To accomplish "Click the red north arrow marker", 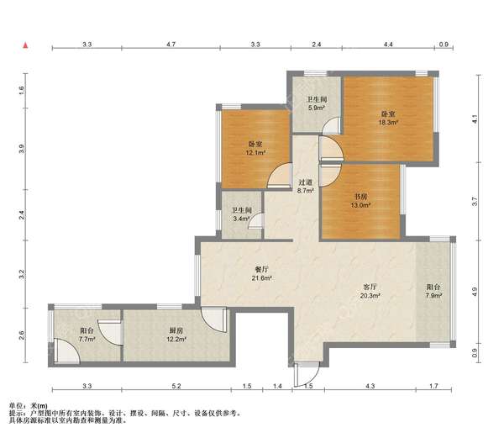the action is pos(25,45).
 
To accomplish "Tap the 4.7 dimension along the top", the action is pos(171,45).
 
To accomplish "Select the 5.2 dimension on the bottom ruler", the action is pos(176,386).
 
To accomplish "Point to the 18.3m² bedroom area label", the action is pos(388,118).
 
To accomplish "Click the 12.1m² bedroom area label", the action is pos(255,148).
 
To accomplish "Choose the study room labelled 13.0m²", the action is pos(361,200).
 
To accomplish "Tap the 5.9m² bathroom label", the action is pos(317,104).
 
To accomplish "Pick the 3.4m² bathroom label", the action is pos(242,215).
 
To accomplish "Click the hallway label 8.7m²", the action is pos(305,186).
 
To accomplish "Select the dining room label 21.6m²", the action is pos(262,274).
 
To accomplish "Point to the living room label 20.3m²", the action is pos(370,292).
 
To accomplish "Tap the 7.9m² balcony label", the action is pos(433,292).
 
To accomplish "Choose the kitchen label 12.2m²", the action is pos(176,335).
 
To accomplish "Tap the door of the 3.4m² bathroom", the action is pos(256,221).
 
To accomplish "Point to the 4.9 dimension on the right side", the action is pos(475,292).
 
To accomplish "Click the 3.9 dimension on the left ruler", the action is pos(21,149).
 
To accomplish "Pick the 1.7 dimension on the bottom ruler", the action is pos(433,386).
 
